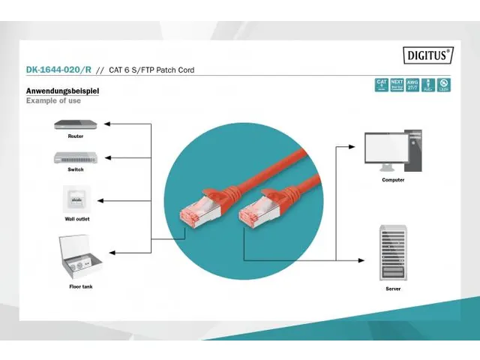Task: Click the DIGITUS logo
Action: pyautogui.click(x=429, y=54)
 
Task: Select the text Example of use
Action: pyautogui.click(x=53, y=100)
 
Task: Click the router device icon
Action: pyautogui.click(x=75, y=124)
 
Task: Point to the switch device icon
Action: pyautogui.click(x=75, y=157)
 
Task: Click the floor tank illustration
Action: pyautogui.click(x=79, y=257)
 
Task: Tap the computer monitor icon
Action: pyautogui.click(x=385, y=153)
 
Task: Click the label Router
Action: pyautogui.click(x=75, y=136)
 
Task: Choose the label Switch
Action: pyautogui.click(x=76, y=169)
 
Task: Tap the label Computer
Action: pyautogui.click(x=393, y=180)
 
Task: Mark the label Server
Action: pyautogui.click(x=393, y=288)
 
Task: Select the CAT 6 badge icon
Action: pyautogui.click(x=381, y=85)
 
